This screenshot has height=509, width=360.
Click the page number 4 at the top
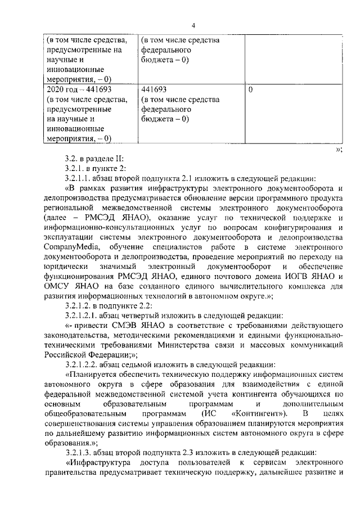click(193, 25)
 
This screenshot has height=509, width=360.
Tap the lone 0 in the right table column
click(250, 89)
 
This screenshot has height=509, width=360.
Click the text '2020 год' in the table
click(61, 89)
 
